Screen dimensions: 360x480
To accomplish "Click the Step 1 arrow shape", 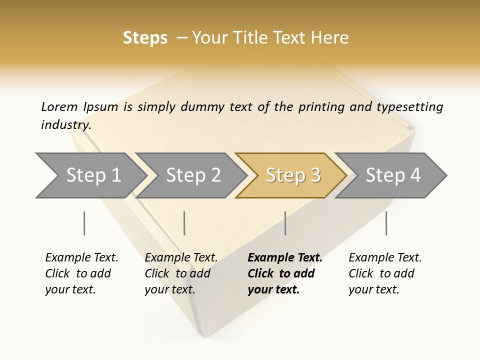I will pos(92,175).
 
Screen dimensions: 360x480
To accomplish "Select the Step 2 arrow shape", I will pos(192,175).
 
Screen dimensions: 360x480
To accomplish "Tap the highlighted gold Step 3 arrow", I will pos(292,175).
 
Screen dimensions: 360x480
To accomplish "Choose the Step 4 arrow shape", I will pos(392,175).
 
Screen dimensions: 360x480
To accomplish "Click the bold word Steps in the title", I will pos(145,38).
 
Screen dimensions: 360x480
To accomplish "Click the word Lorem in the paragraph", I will pos(59,107).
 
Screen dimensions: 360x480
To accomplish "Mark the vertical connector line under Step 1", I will pos(84,223).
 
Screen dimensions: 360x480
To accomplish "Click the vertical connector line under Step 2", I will pos(184,223).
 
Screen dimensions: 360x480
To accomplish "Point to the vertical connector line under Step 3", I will pos(285,223).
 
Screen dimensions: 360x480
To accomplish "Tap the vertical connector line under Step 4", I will pos(386,223).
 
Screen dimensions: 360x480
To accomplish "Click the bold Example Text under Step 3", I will pos(285,258).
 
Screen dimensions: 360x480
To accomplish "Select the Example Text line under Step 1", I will pos(81,258).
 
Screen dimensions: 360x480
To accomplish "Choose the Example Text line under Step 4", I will pos(385,258).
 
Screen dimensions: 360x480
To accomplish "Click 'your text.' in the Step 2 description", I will pos(170,290).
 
